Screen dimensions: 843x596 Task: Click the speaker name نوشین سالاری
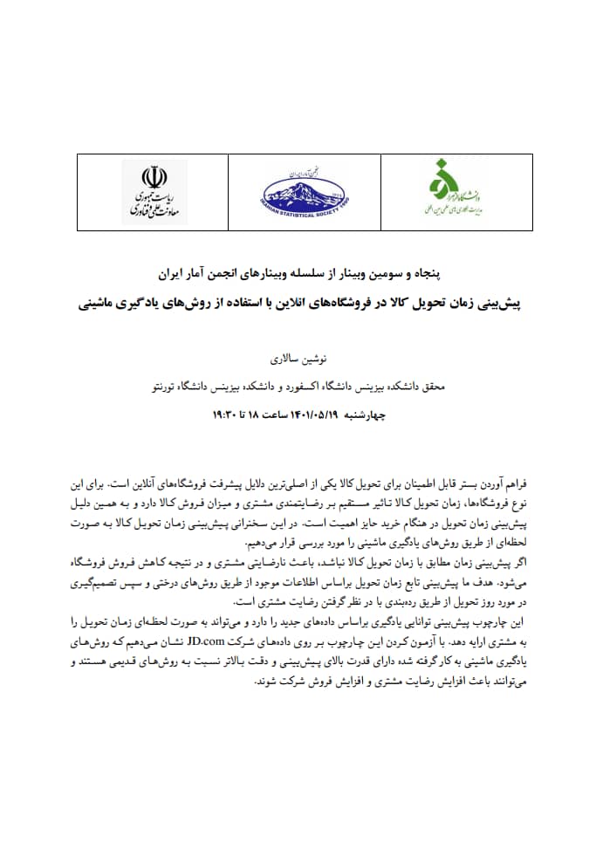click(x=298, y=359)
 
